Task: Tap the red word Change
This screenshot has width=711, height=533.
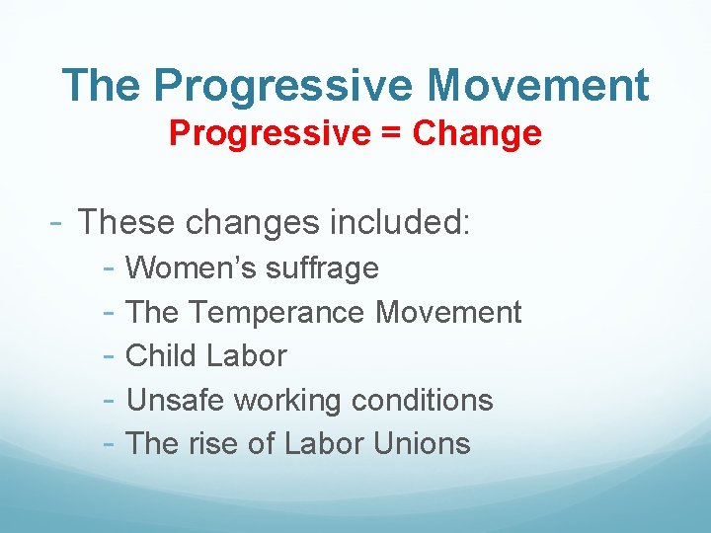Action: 477,133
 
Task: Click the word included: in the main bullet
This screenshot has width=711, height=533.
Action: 400,222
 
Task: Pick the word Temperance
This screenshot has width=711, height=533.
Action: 276,312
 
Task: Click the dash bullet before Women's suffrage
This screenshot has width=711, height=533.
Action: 111,267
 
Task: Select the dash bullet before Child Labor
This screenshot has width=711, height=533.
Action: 111,355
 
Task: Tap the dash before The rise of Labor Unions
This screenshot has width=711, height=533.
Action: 111,443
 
